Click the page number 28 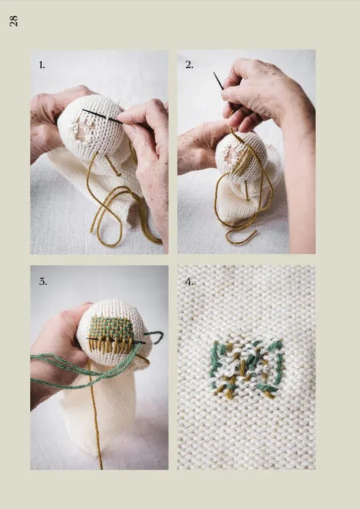pos(13,21)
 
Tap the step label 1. pos(42,65)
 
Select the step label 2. pos(189,65)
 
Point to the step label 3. pos(43,281)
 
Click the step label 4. pos(190,281)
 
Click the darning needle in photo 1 pos(103,117)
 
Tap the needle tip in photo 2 pos(215,73)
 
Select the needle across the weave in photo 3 pos(115,340)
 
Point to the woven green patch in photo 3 pos(110,327)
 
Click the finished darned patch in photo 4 pos(246,368)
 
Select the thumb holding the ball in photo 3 pos(79,312)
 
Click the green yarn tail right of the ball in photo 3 pos(155,335)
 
